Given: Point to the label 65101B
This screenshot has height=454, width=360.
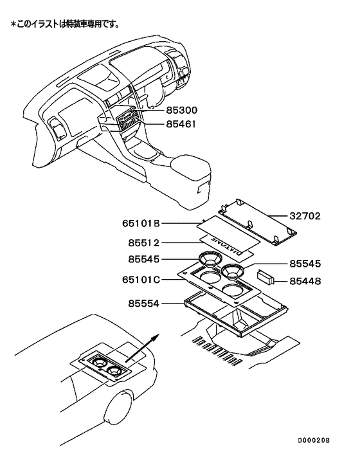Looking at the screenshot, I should [x=140, y=224].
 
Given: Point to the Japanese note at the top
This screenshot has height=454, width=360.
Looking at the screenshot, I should [x=64, y=24].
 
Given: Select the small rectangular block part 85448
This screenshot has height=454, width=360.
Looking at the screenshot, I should [x=264, y=277].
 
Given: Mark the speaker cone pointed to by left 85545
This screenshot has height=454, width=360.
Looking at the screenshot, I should [x=209, y=260].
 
